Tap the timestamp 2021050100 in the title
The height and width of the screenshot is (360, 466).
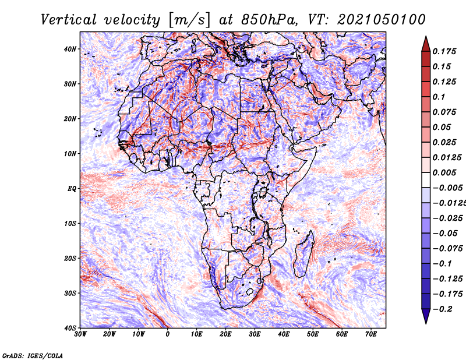(382, 20)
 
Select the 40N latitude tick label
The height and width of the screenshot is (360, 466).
(69, 49)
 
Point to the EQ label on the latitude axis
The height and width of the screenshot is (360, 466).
(72, 189)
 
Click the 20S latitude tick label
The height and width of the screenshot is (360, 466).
(69, 258)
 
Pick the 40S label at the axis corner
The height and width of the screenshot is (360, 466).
(69, 328)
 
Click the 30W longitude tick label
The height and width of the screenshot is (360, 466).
(80, 334)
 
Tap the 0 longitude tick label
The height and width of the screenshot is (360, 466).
(168, 334)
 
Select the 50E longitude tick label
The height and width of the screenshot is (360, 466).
(313, 334)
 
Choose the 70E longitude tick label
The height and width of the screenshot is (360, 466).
(371, 334)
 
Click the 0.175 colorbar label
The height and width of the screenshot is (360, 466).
(444, 52)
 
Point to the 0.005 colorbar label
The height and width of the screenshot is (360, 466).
(444, 172)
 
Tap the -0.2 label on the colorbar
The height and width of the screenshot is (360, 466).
(443, 309)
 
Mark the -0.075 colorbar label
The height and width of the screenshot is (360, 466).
(448, 249)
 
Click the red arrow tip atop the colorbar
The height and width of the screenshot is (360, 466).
(426, 37)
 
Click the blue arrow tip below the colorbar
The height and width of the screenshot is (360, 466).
(426, 323)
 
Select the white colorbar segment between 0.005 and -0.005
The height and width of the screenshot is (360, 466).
(426, 180)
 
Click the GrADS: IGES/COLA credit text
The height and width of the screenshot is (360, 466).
(33, 356)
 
